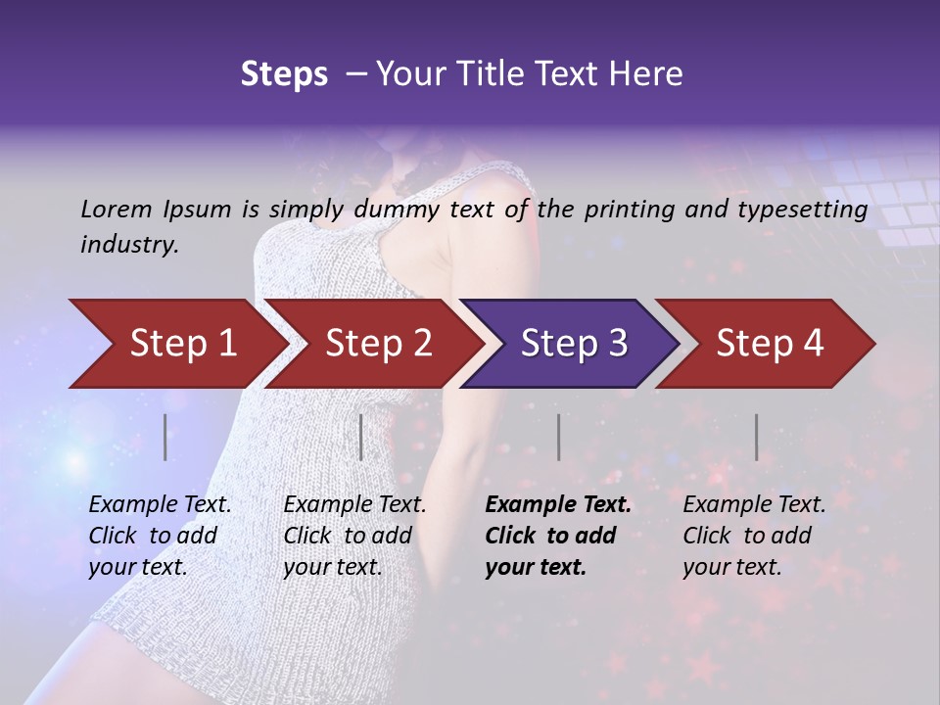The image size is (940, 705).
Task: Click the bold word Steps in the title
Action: click(284, 74)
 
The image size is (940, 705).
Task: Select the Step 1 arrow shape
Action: click(176, 344)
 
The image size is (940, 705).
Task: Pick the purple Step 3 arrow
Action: click(573, 344)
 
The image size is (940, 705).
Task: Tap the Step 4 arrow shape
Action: click(769, 344)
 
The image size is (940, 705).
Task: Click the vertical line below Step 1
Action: click(165, 437)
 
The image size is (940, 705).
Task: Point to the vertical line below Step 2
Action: click(361, 437)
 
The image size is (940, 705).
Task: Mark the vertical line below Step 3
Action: click(559, 437)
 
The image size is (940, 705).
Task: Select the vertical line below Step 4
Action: click(757, 437)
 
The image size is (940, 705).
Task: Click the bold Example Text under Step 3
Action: click(558, 505)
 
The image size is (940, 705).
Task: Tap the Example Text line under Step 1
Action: click(160, 505)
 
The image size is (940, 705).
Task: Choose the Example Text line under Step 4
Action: click(754, 505)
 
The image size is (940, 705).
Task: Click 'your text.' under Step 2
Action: click(332, 568)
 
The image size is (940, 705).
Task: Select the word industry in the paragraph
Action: click(128, 245)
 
